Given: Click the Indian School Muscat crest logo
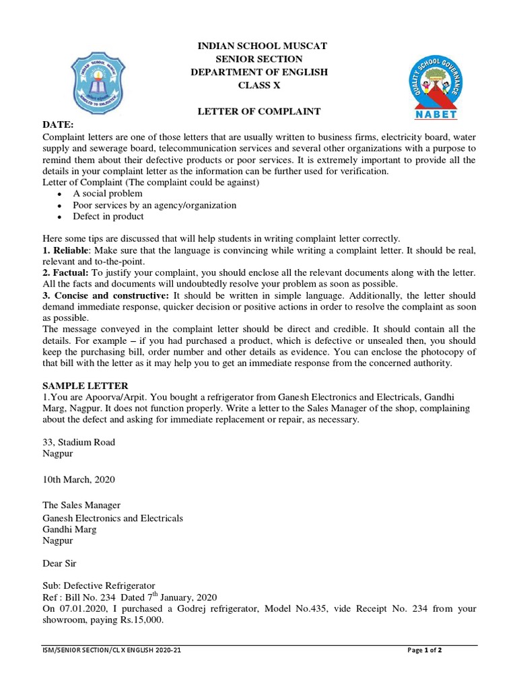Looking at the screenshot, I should pyautogui.click(x=98, y=85).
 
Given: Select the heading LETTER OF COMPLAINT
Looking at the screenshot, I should pyautogui.click(x=258, y=111).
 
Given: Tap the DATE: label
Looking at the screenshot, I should pyautogui.click(x=59, y=125).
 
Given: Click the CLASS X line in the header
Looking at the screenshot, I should pyautogui.click(x=258, y=85).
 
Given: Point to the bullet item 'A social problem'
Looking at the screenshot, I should pyautogui.click(x=108, y=194).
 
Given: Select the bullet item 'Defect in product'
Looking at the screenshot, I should pyautogui.click(x=108, y=217).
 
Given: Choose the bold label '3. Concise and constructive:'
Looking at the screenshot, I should pyautogui.click(x=106, y=295).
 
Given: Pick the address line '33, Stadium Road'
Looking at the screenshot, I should pyautogui.click(x=79, y=442).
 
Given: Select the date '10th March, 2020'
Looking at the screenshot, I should pyautogui.click(x=79, y=480).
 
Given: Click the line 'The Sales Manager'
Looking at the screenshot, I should pyautogui.click(x=81, y=505).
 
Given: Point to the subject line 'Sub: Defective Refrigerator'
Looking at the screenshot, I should pyautogui.click(x=99, y=586).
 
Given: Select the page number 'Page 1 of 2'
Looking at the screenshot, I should pyautogui.click(x=425, y=651).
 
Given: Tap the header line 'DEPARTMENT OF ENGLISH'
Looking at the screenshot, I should pyautogui.click(x=258, y=73).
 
